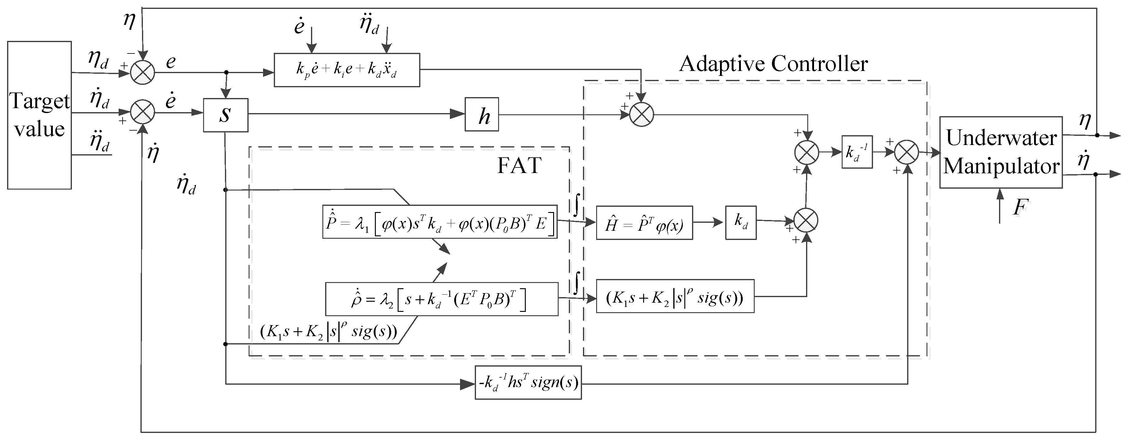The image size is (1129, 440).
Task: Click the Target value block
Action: [39, 115]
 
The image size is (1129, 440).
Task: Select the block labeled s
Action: [225, 115]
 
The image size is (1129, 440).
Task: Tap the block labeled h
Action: [482, 115]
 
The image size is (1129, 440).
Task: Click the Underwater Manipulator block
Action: [1001, 152]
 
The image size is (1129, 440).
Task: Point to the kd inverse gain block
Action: [857, 152]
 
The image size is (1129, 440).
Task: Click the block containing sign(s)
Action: [528, 383]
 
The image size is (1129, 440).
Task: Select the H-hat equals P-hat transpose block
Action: [644, 223]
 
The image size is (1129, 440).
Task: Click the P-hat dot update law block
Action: [440, 222]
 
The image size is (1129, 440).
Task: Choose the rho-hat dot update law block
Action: [441, 299]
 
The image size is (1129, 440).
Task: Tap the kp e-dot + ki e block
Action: [347, 70]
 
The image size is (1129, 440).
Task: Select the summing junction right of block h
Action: [642, 115]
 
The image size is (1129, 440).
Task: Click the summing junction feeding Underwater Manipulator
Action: [906, 152]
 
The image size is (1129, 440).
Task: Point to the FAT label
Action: [519, 165]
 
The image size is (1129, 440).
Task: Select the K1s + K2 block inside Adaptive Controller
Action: [675, 296]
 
